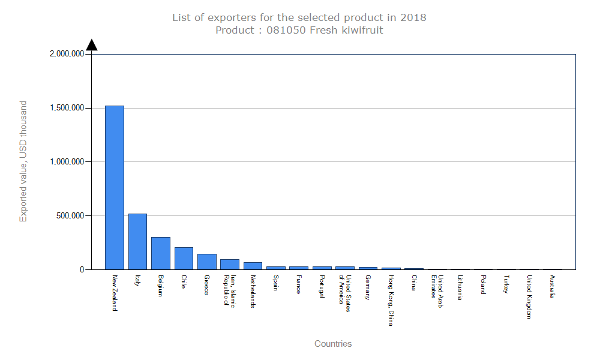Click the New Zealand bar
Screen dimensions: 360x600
[x=115, y=187]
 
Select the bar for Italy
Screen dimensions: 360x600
[x=137, y=241]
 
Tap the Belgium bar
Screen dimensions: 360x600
[x=160, y=253]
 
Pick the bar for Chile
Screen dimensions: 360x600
[x=184, y=258]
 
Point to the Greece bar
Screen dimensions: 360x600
[x=206, y=262]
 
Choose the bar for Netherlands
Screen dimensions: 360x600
[x=253, y=266]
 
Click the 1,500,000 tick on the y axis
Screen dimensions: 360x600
[x=67, y=108]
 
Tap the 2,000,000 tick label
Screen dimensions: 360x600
[x=67, y=54]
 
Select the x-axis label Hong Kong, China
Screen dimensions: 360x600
[x=391, y=301]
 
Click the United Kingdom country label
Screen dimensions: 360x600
[x=529, y=297]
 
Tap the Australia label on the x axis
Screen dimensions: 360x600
[x=552, y=287]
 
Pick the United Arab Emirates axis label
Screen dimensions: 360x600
[x=437, y=287]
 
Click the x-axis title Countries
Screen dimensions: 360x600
[x=333, y=344]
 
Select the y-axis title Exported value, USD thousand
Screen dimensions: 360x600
[x=23, y=161]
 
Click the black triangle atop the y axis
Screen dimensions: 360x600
[x=91, y=44]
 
